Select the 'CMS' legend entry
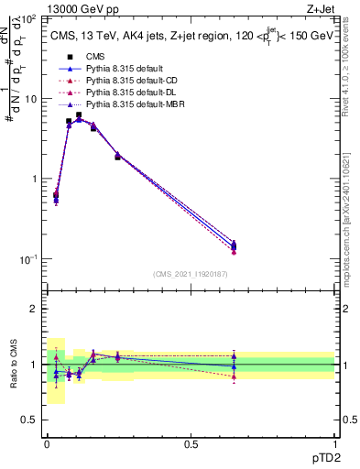(95, 57)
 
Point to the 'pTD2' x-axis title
(320, 457)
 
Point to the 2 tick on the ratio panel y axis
(35, 309)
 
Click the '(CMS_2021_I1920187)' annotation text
(191, 274)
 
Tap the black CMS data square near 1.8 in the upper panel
(117, 157)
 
